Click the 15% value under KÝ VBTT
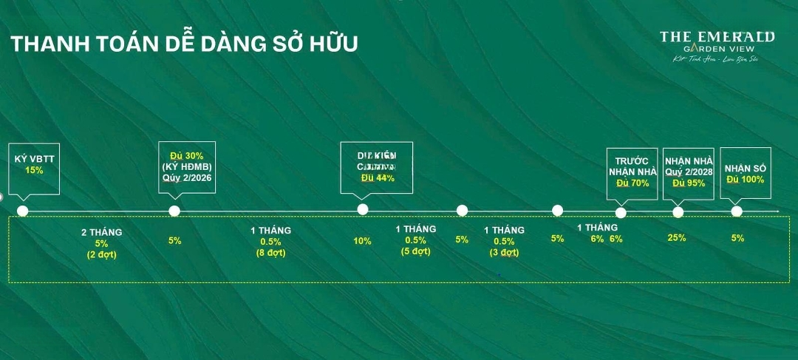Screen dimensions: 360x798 35,170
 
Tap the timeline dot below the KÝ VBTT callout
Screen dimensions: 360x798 23,211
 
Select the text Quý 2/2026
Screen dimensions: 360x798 186,177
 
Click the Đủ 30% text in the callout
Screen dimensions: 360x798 186,156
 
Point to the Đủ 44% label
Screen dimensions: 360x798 378,178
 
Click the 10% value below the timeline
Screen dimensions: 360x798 362,240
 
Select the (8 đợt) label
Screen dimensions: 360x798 270,253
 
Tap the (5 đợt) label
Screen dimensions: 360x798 415,251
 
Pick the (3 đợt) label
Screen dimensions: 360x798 504,252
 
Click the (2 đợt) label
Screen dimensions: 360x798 101,254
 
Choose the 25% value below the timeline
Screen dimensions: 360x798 676,238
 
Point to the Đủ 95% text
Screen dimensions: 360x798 688,183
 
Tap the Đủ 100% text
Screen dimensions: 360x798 746,180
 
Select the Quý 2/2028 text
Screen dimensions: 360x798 688,171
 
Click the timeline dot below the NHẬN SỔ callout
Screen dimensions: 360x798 737,211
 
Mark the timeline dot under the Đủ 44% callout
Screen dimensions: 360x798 363,209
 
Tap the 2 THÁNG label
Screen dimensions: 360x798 101,232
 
